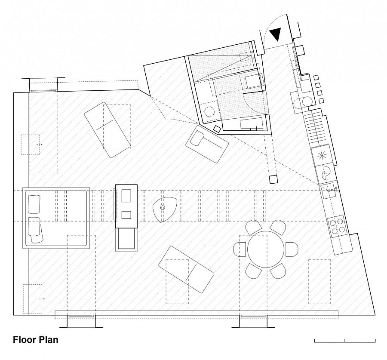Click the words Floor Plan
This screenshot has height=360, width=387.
coord(36,340)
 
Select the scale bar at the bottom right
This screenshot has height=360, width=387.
coord(345,341)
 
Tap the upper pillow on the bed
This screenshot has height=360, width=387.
coord(34,204)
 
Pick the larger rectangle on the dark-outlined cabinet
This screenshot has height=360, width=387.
coord(126,196)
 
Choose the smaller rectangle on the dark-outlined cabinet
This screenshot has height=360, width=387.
coord(126,215)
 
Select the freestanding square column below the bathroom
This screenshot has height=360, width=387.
coord(273,179)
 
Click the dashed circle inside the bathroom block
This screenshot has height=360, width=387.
coord(209,112)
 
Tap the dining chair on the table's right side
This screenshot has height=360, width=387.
coord(292,249)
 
